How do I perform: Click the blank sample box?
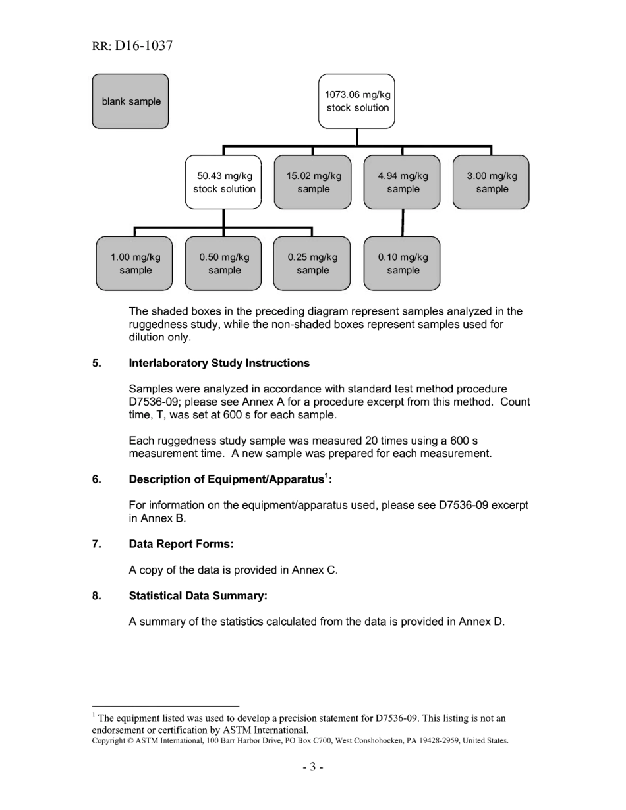click(130, 101)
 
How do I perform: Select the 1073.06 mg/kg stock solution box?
click(357, 101)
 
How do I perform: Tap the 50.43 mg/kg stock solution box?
click(223, 182)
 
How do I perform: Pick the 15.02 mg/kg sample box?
click(313, 182)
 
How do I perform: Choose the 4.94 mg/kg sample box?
click(403, 182)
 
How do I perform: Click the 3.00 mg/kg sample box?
click(492, 182)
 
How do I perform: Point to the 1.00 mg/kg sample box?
click(134, 263)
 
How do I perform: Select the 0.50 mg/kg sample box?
click(223, 263)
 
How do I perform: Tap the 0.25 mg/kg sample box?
click(312, 263)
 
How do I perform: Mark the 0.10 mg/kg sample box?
click(402, 263)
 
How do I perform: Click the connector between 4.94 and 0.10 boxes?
click(403, 223)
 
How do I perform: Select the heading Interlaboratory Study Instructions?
click(219, 364)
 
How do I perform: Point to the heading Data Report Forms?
click(181, 544)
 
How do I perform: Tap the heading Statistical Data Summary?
click(198, 596)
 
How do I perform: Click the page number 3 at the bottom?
click(313, 767)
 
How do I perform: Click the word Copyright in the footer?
click(109, 740)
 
